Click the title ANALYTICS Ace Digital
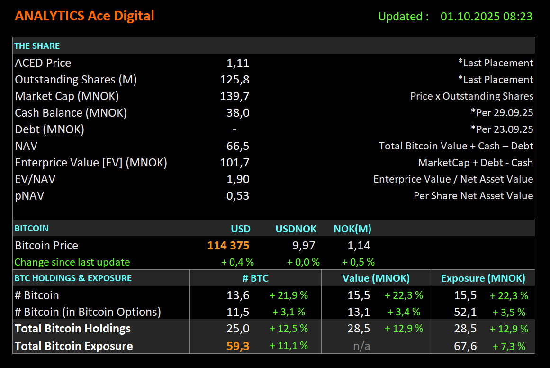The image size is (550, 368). click(84, 16)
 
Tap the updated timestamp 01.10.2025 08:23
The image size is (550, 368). click(486, 17)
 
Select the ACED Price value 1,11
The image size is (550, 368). click(238, 63)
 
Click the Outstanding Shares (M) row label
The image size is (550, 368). click(76, 80)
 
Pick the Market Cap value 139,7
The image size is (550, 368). click(234, 96)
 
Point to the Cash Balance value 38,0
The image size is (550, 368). click(238, 113)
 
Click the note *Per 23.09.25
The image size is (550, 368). click(502, 129)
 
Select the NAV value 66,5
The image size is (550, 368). click(238, 146)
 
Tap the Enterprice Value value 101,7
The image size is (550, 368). click(234, 163)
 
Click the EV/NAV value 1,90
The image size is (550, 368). click(238, 179)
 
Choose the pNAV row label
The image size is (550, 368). click(29, 196)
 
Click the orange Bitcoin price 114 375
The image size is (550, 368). click(228, 246)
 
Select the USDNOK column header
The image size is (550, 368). click(296, 229)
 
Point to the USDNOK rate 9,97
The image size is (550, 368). click(304, 246)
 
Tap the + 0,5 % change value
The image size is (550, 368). click(358, 262)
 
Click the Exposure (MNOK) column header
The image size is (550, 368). click(483, 278)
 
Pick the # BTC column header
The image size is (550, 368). click(255, 278)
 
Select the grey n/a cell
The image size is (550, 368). click(361, 346)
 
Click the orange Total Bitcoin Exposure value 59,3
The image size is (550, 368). click(238, 346)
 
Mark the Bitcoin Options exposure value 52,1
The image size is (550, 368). click(465, 312)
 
